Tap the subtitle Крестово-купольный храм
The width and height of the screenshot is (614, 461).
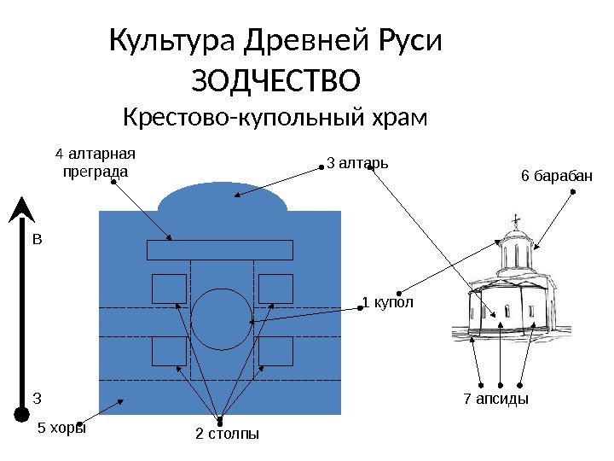pyautogui.click(x=275, y=115)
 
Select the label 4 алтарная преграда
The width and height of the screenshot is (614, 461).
pyautogui.click(x=96, y=162)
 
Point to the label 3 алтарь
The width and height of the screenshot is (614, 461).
pyautogui.click(x=358, y=160)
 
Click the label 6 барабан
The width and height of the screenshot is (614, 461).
pyautogui.click(x=556, y=176)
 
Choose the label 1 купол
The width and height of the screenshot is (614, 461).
pyautogui.click(x=388, y=302)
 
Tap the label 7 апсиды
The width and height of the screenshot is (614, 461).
pyautogui.click(x=495, y=399)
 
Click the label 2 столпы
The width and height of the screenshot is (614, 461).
pyautogui.click(x=227, y=435)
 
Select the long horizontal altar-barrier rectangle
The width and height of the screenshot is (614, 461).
pyautogui.click(x=220, y=249)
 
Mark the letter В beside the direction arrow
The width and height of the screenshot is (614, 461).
pyautogui.click(x=37, y=240)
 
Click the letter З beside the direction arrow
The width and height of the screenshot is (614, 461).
pyautogui.click(x=37, y=397)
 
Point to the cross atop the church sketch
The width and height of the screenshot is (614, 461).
pyautogui.click(x=516, y=224)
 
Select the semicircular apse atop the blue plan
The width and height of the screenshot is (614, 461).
pyautogui.click(x=222, y=198)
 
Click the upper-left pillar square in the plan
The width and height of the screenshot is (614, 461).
pyautogui.click(x=169, y=289)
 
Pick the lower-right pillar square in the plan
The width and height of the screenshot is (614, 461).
pyautogui.click(x=275, y=351)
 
